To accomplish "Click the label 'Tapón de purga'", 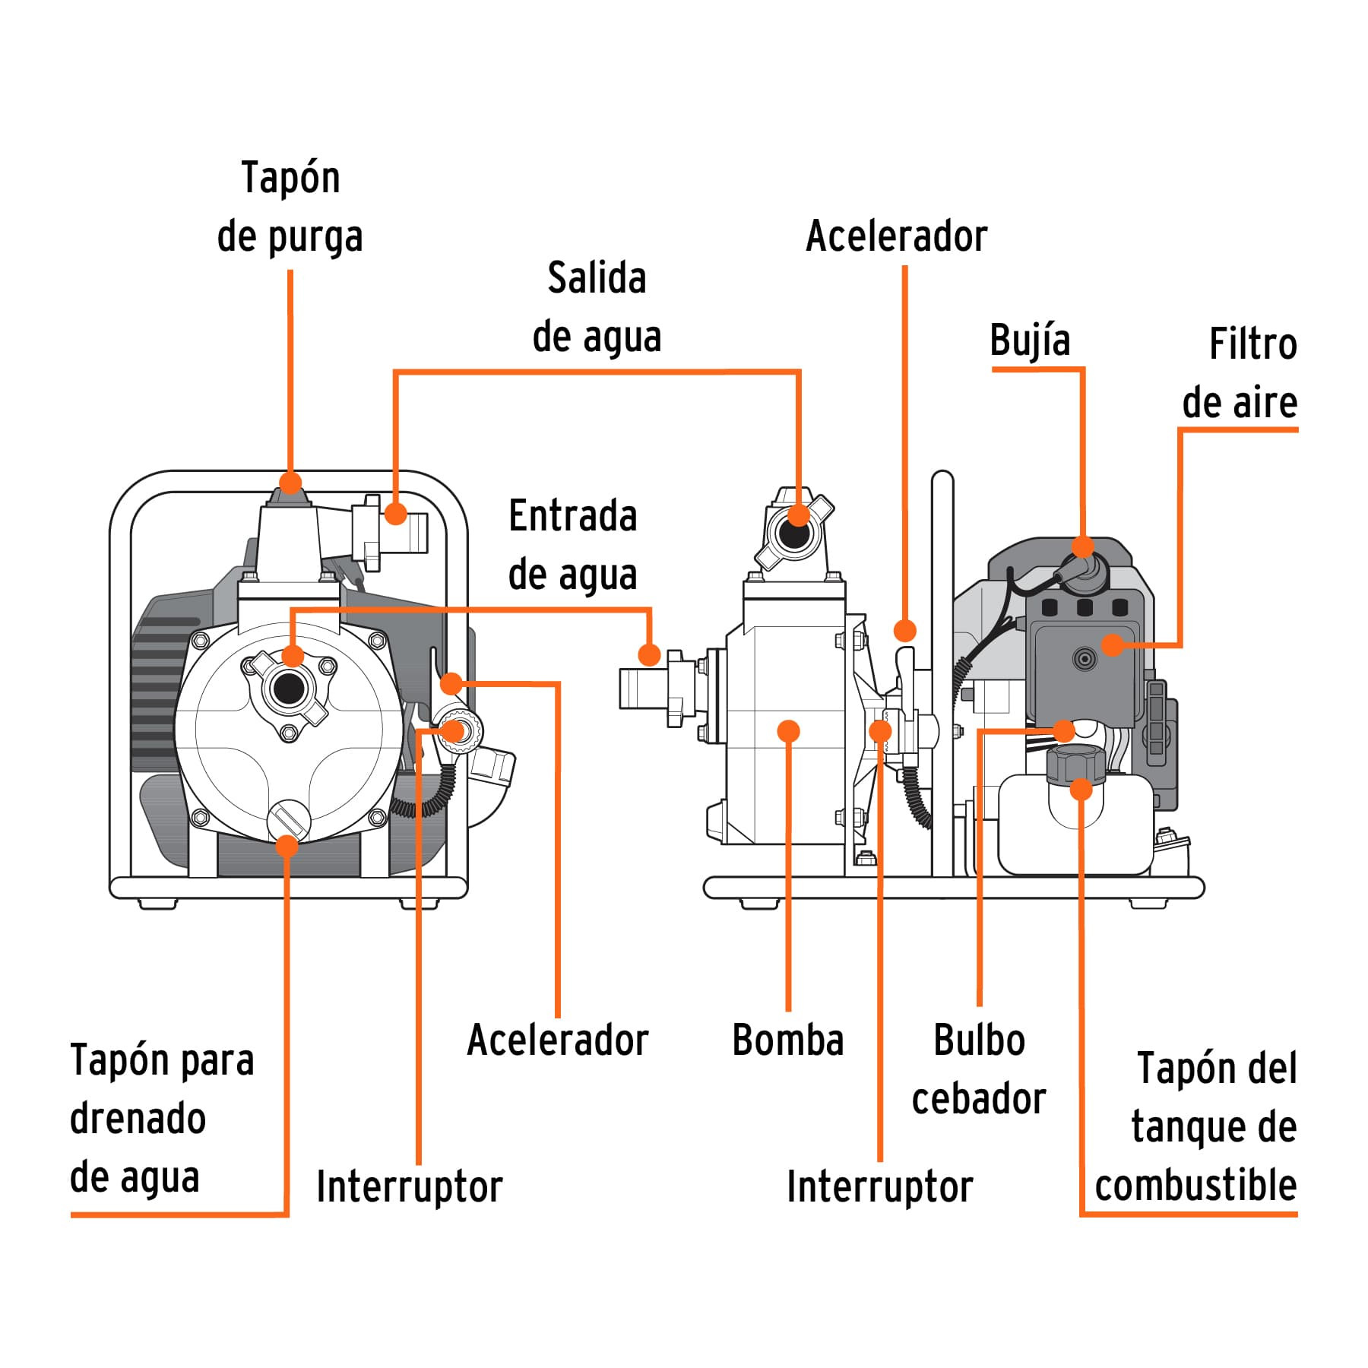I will tap(290, 207).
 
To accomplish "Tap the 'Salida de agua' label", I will tap(597, 308).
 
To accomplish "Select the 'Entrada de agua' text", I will tap(572, 545).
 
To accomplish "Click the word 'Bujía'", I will tap(1030, 340).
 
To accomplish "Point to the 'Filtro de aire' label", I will tap(1240, 373).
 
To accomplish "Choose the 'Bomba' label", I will tap(788, 1040).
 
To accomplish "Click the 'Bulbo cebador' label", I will tap(979, 1069).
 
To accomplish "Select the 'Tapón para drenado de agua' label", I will tap(161, 1119).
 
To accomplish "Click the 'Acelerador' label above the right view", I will tap(897, 236).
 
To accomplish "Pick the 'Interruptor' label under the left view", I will tap(410, 1186).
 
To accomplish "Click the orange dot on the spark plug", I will tap(1082, 546).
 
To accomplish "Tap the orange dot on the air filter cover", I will tap(1113, 644).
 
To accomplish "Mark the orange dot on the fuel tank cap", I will tap(1081, 789).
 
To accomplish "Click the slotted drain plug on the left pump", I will tap(289, 822).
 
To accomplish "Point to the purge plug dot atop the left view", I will tap(290, 483).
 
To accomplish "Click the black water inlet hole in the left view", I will tap(288, 689).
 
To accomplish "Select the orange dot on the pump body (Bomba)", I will tap(789, 731).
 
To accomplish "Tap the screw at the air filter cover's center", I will tap(1085, 658).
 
